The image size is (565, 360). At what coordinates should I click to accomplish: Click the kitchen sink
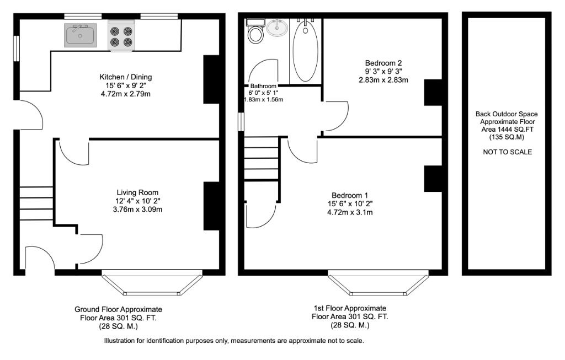click(80, 35)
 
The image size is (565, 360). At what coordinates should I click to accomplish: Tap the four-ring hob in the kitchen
click(122, 36)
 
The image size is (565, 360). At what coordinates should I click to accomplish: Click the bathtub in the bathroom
click(304, 50)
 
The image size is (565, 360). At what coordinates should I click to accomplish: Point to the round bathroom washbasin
click(277, 27)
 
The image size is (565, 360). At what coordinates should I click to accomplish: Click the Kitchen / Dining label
click(125, 77)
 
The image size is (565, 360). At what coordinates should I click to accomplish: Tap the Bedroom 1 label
click(349, 195)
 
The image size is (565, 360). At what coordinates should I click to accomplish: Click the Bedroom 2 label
click(383, 62)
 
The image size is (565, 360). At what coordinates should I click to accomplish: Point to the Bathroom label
click(263, 87)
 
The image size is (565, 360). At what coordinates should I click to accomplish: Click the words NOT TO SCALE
click(507, 152)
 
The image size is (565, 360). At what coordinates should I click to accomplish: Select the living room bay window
click(152, 283)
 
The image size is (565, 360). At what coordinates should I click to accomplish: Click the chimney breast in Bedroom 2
click(433, 92)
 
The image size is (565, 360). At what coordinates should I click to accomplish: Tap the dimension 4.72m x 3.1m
click(350, 212)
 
